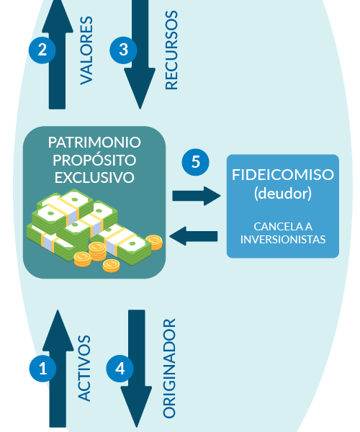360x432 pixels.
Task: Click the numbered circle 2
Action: point(42,50)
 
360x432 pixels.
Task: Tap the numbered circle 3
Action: point(123,50)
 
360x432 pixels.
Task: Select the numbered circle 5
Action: point(195,162)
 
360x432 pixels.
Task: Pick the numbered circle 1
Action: point(42,369)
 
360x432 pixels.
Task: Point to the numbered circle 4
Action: point(120,369)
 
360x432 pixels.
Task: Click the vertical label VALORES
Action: point(86,50)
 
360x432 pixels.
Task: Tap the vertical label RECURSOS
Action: point(171,50)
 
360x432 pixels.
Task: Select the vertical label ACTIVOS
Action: point(84,368)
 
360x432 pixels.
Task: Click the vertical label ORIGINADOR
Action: point(169,369)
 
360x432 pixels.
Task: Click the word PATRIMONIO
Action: point(94,143)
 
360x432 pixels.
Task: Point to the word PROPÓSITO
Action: point(94,160)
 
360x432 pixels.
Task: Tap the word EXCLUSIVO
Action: point(94,177)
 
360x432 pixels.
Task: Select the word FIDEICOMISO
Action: point(283,175)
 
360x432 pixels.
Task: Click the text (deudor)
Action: point(283,194)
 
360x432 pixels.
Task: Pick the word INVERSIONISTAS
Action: point(283,240)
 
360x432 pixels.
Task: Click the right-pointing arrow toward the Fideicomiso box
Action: point(197,196)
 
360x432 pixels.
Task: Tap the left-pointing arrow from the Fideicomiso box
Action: point(194,236)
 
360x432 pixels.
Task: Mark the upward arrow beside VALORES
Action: point(58,55)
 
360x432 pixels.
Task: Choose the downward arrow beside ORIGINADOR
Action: point(136,369)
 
